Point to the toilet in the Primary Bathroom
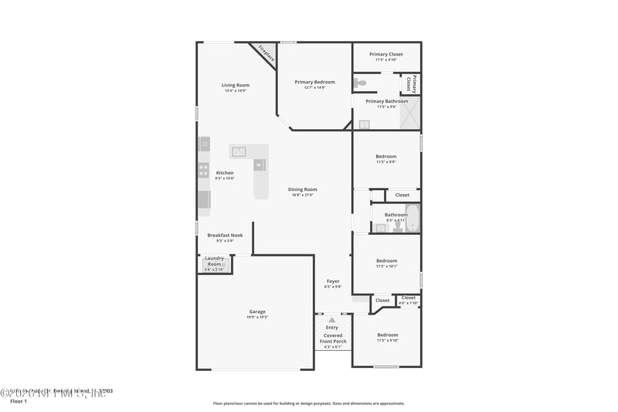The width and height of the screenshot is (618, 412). pos(362,83)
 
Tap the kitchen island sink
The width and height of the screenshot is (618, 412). pos(239,152)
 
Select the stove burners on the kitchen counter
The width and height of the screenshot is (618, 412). pos(204,169)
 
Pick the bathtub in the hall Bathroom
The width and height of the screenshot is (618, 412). pos(413,219)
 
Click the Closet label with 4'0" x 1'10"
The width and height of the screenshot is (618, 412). pos(408,299)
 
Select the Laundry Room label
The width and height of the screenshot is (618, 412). pos(214,262)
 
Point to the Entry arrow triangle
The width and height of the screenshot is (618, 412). pos(332,319)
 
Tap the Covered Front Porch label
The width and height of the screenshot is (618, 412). pos(333,339)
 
